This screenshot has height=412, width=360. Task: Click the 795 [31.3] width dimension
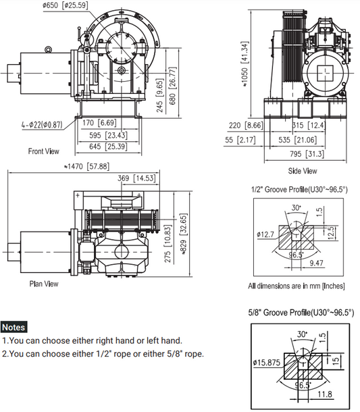click(305, 154)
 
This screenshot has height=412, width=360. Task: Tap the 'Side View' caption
click(302, 171)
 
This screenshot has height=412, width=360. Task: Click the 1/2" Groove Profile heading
click(297, 189)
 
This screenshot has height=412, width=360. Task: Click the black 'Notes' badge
click(14, 327)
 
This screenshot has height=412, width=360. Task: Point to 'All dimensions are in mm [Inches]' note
click(297, 286)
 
